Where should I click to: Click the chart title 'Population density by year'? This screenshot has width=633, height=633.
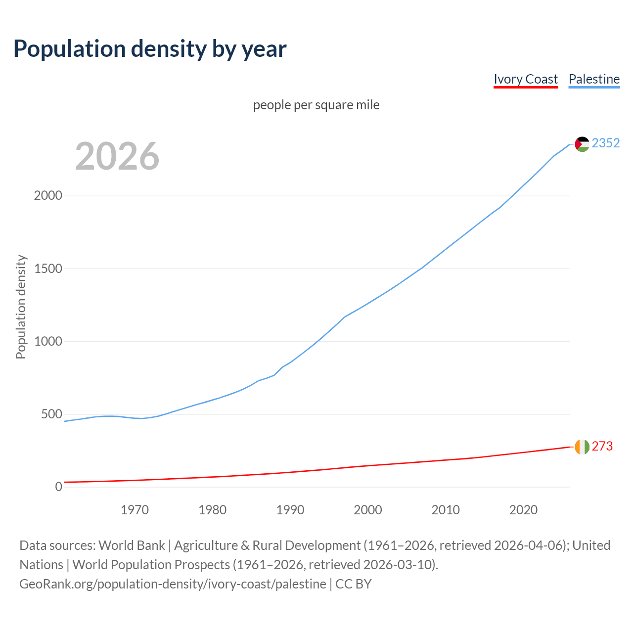150,48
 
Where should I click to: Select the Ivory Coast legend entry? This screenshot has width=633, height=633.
525,80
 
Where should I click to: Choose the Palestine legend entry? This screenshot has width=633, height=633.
594,80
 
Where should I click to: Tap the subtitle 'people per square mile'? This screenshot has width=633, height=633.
316,105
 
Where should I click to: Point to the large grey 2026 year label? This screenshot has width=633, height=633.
117,156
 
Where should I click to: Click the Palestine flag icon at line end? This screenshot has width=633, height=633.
582,144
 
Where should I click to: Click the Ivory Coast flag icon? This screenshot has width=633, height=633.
582,447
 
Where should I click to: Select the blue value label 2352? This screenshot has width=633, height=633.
605,143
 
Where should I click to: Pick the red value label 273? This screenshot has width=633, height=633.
602,446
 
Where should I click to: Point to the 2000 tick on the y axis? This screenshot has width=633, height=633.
48,196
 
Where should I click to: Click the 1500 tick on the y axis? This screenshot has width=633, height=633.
48,269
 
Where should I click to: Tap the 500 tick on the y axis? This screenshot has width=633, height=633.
51,414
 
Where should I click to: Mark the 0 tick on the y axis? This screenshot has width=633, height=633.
59,487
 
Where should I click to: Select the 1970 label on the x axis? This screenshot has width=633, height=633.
135,510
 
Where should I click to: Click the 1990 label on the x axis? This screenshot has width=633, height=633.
290,510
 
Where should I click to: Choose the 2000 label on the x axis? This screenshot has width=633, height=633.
368,510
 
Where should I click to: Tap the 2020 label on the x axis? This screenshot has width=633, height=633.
523,510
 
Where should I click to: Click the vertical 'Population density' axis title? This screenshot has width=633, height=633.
21,307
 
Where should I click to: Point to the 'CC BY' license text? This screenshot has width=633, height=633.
353,584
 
